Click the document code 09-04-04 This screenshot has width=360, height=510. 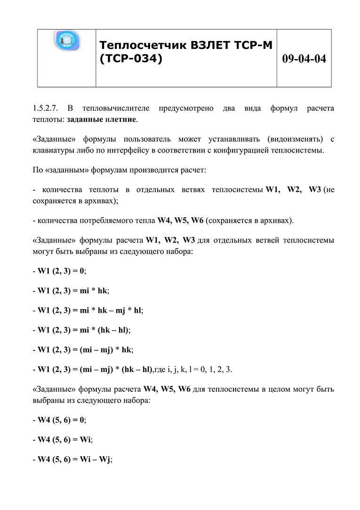click(x=304, y=59)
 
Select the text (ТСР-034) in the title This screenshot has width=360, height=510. click(x=131, y=59)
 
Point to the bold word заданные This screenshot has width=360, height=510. click(x=85, y=119)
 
